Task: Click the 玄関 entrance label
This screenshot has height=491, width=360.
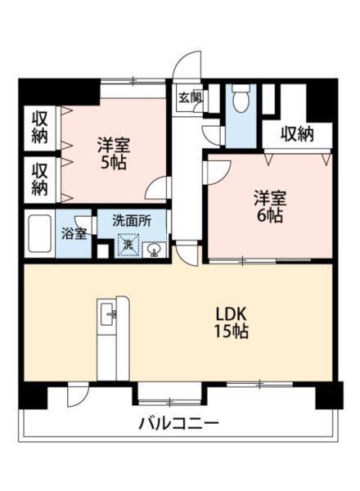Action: pyautogui.click(x=186, y=97)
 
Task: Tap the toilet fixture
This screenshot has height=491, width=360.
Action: pyautogui.click(x=240, y=102)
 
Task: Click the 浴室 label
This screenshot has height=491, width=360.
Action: pyautogui.click(x=74, y=233)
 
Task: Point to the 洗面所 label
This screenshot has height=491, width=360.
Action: pyautogui.click(x=131, y=219)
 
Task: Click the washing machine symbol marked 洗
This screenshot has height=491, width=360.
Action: pyautogui.click(x=128, y=244)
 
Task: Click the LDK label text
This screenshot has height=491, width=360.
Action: pyautogui.click(x=232, y=314)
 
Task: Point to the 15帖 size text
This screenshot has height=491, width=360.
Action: pyautogui.click(x=232, y=332)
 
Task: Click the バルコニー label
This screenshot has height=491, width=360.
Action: pyautogui.click(x=178, y=423)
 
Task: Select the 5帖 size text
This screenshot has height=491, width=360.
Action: pyautogui.click(x=114, y=162)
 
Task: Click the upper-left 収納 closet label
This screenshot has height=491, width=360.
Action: pyautogui.click(x=39, y=127)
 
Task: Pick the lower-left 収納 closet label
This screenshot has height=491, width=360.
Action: pyautogui.click(x=39, y=178)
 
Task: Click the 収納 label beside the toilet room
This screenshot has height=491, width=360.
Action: pyautogui.click(x=297, y=134)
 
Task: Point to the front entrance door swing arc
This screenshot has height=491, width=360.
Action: pyautogui.click(x=189, y=64)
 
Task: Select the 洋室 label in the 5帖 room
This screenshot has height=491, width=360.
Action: pyautogui.click(x=114, y=144)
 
